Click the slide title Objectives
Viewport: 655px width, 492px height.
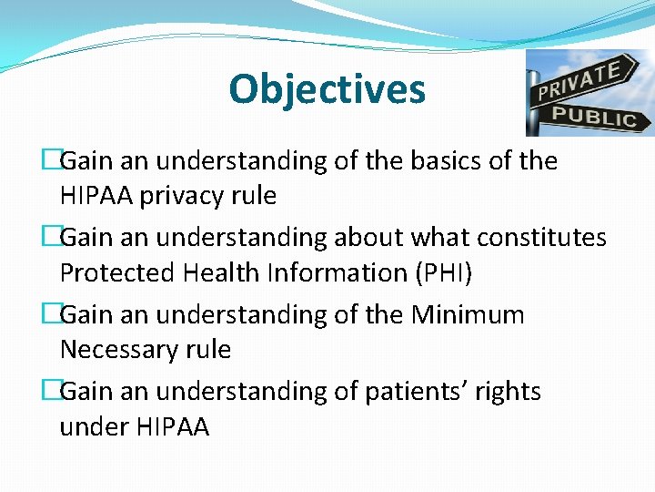tap(327, 89)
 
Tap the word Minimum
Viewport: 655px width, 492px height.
tap(468, 315)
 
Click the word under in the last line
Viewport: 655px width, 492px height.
tap(94, 426)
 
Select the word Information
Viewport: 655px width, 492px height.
tap(330, 272)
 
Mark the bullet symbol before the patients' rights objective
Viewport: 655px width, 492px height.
tap(51, 392)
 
